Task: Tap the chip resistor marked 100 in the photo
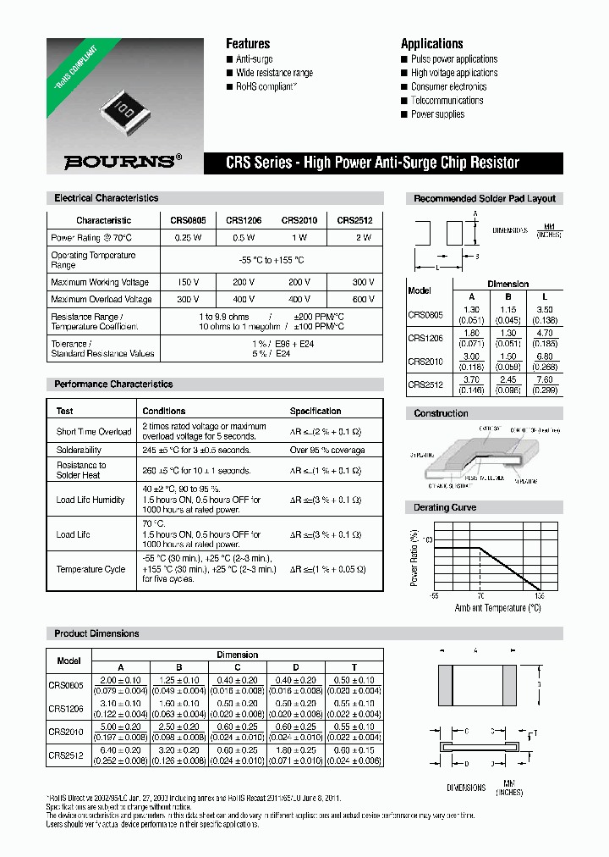[120, 108]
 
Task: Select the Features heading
[248, 43]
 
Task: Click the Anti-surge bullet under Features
[253, 59]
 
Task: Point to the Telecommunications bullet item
[447, 101]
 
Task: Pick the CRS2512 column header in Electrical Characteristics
[354, 220]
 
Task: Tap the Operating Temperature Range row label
[93, 260]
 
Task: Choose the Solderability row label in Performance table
[79, 450]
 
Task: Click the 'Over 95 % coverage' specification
[327, 450]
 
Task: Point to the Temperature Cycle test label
[91, 569]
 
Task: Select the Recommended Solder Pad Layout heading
[485, 198]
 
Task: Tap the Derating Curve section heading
[445, 507]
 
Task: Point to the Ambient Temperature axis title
[497, 608]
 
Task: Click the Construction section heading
[441, 413]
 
